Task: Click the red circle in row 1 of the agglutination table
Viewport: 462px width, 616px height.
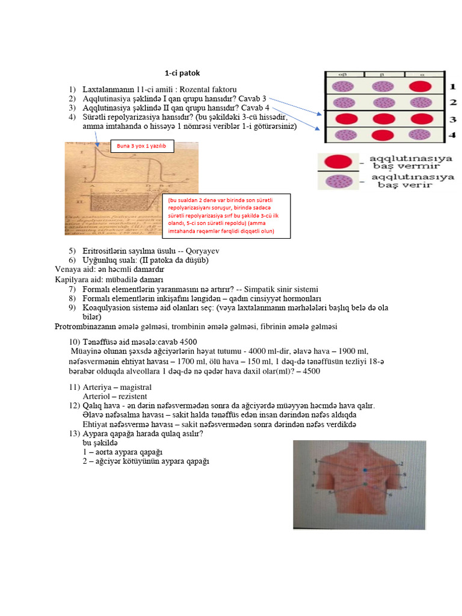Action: point(418,86)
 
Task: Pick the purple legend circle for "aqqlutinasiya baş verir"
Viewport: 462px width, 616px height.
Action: point(337,180)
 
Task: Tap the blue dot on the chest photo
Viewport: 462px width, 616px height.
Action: point(363,469)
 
